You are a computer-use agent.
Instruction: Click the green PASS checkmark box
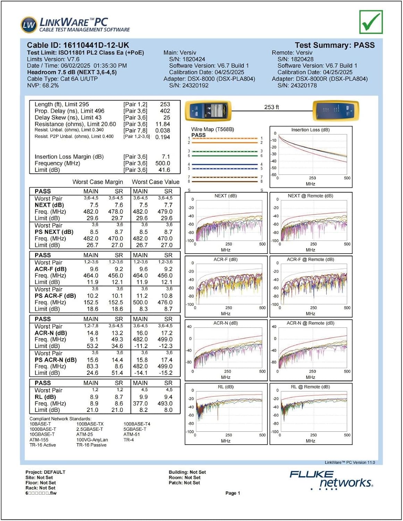371,22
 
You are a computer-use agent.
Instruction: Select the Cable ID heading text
78,45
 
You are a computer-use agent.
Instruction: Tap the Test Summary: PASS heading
335,45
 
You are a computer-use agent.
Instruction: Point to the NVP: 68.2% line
43,85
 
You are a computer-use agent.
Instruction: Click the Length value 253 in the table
165,104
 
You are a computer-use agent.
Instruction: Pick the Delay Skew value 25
167,117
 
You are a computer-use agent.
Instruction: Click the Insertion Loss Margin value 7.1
166,157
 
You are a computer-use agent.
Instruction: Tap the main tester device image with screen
208,111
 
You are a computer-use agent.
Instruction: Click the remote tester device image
336,111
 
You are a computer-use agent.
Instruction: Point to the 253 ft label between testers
271,107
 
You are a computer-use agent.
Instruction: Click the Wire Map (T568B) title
212,129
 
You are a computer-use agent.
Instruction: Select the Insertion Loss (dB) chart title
311,130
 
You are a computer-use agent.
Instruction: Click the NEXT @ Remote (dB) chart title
310,196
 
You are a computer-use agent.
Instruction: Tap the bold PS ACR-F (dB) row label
55,296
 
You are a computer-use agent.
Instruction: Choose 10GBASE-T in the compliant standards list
42,434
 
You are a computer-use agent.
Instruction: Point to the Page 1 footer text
233,493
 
